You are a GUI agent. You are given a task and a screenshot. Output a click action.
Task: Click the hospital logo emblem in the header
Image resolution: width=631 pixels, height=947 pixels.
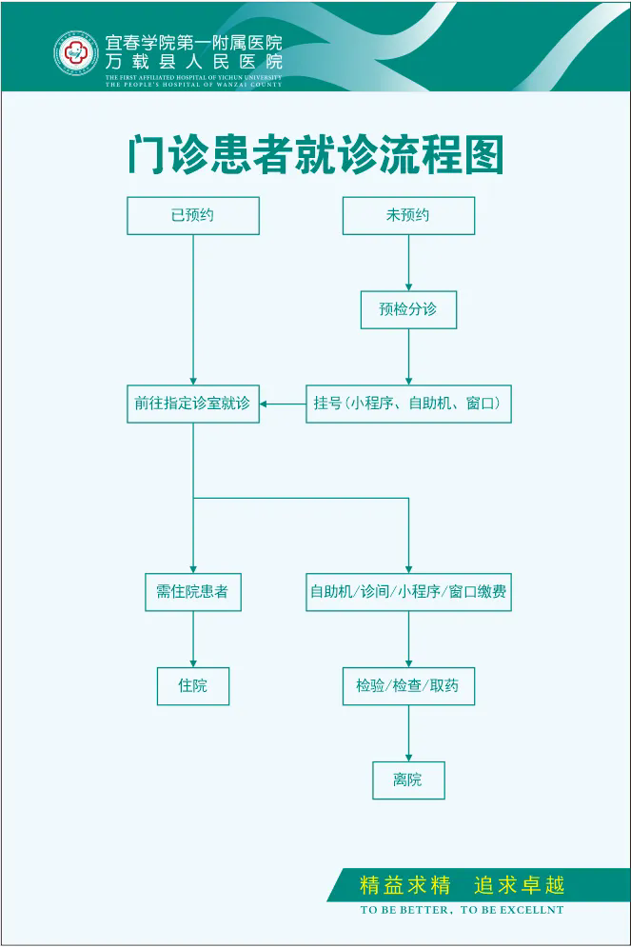[76, 54]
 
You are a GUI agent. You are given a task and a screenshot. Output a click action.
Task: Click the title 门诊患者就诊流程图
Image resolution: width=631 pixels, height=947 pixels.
[315, 154]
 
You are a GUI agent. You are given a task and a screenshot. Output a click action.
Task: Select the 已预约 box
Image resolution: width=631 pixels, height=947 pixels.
[193, 215]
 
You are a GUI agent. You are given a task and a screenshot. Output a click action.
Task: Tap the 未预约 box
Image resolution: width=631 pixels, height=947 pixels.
[408, 215]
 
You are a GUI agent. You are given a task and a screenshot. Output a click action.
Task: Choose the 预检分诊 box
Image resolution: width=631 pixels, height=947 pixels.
[408, 309]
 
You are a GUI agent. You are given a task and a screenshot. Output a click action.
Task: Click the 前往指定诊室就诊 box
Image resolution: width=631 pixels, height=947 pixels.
[193, 404]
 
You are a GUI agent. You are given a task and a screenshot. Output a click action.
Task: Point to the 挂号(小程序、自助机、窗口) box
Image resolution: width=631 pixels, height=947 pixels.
[408, 404]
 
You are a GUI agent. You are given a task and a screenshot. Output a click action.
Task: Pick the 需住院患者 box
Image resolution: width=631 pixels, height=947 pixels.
[193, 592]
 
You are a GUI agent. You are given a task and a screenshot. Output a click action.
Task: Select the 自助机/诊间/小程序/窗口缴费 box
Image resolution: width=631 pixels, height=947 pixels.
[408, 592]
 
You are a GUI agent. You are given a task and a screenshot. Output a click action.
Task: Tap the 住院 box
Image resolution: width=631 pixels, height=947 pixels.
[193, 685]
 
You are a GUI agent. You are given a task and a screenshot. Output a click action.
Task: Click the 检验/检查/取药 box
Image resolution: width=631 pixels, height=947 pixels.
[408, 685]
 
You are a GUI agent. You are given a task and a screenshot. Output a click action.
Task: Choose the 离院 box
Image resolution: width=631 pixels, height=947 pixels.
[408, 780]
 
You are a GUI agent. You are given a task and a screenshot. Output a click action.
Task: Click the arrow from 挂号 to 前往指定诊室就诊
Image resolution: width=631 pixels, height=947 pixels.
[282, 404]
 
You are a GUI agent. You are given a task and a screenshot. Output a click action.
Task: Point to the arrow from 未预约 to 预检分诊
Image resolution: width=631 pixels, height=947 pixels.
[408, 263]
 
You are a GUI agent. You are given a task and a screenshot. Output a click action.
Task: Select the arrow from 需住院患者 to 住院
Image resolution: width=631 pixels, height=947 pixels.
[193, 639]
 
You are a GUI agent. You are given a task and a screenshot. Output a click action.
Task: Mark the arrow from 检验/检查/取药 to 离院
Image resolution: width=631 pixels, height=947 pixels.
[408, 733]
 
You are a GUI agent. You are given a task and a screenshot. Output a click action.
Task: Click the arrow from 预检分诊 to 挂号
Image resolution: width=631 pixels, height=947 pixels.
[408, 357]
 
